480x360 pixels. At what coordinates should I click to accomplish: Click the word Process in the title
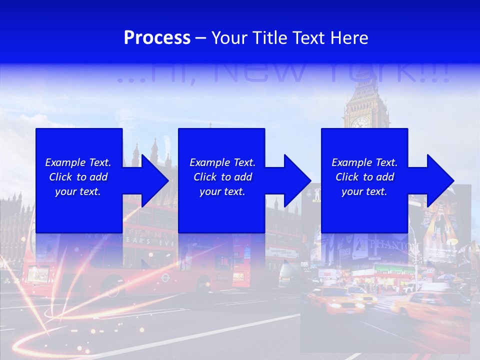(157, 38)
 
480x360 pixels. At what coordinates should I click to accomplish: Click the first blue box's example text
(78, 177)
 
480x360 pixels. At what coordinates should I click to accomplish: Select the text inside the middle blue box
(222, 177)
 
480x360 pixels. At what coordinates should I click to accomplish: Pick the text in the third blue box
(364, 177)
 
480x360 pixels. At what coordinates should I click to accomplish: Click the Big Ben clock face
(359, 122)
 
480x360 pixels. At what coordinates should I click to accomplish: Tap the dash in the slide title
(200, 38)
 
